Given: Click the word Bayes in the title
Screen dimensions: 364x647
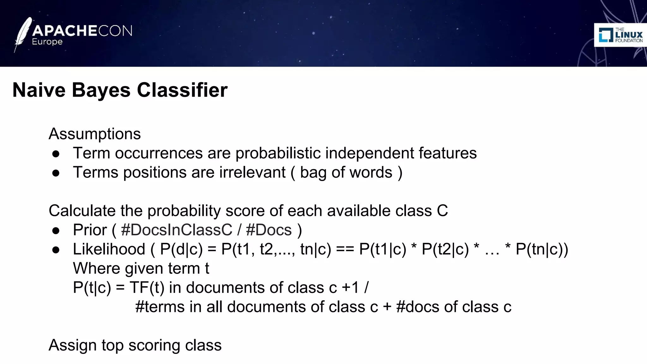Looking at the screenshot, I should pos(101,90).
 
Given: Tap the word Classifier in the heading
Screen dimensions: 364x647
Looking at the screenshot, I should pos(182,90).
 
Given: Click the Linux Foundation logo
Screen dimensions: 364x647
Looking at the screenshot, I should pos(620,35).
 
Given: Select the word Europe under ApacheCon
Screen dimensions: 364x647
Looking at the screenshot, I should pos(47,42).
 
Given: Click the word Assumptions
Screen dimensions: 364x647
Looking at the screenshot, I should pos(94,134).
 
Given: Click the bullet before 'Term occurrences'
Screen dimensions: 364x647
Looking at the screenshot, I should pos(56,154).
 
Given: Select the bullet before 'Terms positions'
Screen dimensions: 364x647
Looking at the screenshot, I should pos(56,173).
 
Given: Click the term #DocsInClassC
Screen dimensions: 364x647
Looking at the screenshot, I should pos(176,230).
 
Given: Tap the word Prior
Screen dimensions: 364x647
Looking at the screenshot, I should pos(90,230).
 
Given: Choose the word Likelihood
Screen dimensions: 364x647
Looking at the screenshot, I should pos(109,249).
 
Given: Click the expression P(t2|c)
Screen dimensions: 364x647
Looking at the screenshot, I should pos(445,249).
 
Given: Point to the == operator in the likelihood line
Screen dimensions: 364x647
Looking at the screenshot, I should pos(345,249).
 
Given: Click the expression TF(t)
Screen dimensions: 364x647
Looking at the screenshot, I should pos(147,288).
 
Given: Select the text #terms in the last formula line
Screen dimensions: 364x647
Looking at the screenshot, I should pos(160,307).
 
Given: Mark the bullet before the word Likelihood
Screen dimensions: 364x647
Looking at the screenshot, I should pos(56,250).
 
